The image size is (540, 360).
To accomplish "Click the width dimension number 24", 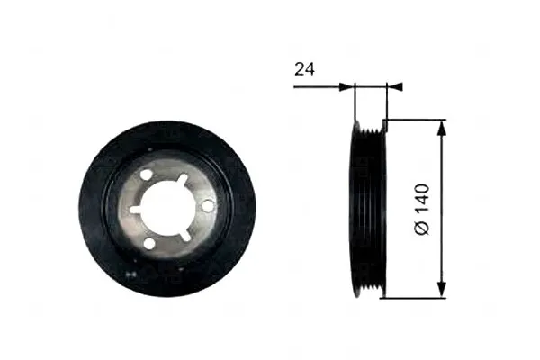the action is [305, 69].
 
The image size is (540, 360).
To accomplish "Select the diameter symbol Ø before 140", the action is [423, 228].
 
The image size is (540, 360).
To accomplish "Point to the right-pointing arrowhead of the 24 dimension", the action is [346, 87].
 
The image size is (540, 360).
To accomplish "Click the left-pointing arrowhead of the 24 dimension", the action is [395, 87].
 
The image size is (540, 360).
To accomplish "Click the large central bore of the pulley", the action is [161, 209].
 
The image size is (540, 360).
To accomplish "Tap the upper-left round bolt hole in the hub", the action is [146, 174].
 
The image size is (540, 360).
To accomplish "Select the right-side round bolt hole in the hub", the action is [208, 206].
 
